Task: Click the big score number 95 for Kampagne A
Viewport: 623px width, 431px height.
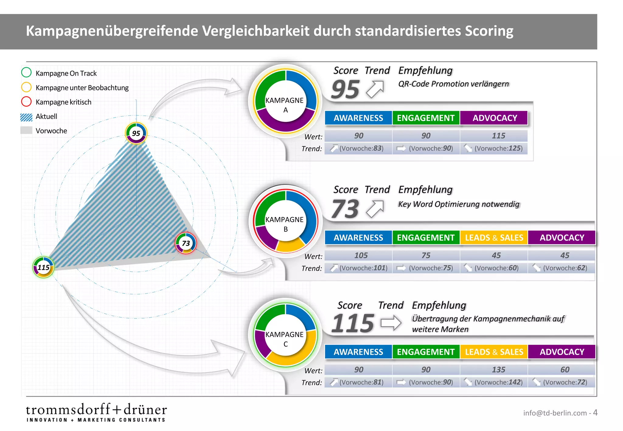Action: pos(346,89)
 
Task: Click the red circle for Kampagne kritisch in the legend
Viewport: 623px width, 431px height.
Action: pos(26,102)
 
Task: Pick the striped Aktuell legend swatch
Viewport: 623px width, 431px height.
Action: pos(26,117)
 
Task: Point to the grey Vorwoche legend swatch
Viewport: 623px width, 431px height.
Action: pos(26,131)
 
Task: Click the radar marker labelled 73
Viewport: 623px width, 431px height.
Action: pos(186,243)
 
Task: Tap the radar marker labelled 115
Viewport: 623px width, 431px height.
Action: pos(44,267)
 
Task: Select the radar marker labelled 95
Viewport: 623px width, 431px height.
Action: pos(136,133)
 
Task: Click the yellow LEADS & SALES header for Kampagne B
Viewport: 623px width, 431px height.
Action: pos(494,238)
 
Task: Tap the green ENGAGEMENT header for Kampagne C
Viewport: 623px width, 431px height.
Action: pos(426,352)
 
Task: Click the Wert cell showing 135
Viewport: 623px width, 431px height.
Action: pos(498,370)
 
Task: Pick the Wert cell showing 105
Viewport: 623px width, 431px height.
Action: pos(361,255)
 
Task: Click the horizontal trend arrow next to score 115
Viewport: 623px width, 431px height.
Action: pos(391,323)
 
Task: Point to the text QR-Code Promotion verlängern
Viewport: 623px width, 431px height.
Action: pos(453,84)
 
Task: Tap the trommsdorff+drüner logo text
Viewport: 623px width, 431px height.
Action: pos(96,410)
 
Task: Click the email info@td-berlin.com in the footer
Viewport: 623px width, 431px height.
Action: pos(555,413)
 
